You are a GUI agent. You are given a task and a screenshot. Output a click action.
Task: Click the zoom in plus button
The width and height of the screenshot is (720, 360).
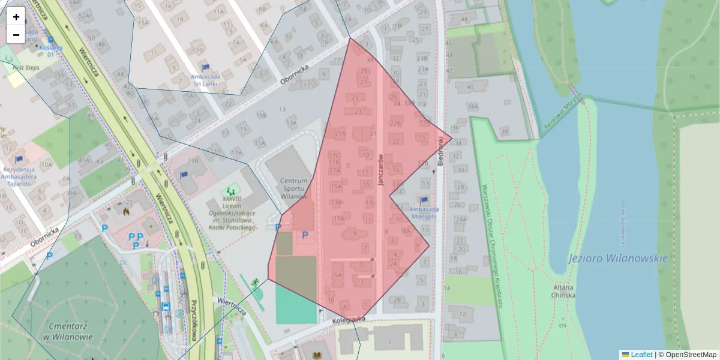16,17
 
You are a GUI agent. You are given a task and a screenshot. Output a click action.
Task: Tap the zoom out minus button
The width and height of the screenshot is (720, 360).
16,35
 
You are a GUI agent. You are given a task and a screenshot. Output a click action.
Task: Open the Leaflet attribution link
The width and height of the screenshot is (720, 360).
641,355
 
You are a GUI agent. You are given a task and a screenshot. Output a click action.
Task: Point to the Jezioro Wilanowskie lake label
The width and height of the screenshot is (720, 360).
617,259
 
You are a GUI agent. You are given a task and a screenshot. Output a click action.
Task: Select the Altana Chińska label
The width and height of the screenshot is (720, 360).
564,291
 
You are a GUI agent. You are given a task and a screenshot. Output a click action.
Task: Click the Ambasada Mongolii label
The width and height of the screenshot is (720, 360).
424,213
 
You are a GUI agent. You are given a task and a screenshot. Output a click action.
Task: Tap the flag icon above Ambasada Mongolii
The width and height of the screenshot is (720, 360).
424,200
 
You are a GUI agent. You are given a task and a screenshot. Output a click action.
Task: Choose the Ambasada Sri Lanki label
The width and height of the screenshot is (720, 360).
205,80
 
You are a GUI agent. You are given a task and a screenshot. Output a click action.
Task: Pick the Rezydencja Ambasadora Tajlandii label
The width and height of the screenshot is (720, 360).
17,176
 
